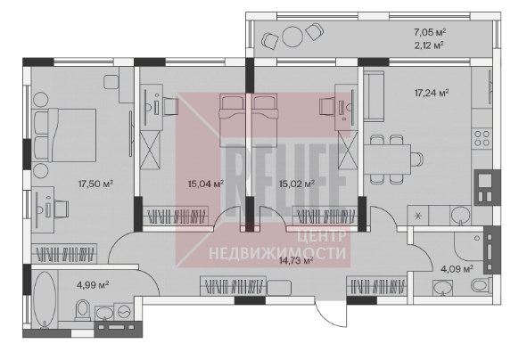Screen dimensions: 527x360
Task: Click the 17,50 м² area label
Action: click(x=95, y=184)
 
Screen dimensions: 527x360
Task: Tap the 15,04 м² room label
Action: click(x=206, y=184)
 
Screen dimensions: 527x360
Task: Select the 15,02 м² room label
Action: click(x=297, y=184)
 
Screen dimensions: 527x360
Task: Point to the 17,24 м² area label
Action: click(x=432, y=93)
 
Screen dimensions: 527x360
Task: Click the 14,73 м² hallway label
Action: click(x=296, y=260)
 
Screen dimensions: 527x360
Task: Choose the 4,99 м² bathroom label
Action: click(x=93, y=285)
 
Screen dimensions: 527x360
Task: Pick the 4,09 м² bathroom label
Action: click(x=457, y=269)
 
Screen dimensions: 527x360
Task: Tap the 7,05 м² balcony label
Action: click(x=430, y=32)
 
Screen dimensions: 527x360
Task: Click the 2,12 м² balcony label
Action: click(x=429, y=45)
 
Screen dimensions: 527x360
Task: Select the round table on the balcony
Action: click(x=292, y=37)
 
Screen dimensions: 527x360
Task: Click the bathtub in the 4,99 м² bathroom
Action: click(x=45, y=299)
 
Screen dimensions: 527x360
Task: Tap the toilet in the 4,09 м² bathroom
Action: click(x=481, y=286)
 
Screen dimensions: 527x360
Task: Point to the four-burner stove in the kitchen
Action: click(x=482, y=138)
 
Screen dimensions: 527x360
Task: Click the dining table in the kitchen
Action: click(x=387, y=160)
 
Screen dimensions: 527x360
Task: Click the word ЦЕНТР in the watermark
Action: click(x=322, y=236)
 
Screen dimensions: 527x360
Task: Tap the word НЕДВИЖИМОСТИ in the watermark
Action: click(x=277, y=252)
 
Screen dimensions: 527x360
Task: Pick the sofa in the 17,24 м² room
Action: click(x=374, y=96)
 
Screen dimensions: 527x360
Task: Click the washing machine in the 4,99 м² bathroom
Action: click(x=124, y=312)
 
